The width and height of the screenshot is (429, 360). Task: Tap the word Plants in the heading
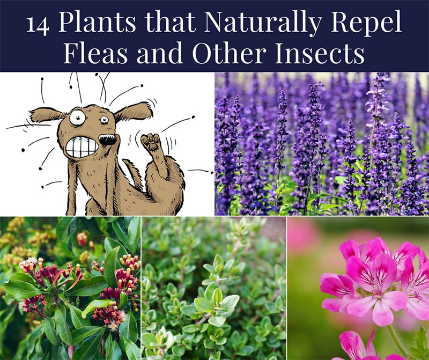[x=97, y=22]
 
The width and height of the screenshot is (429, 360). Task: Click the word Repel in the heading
[x=366, y=23]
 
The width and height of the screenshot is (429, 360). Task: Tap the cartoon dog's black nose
[x=107, y=139]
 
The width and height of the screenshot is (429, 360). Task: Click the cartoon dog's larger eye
[x=77, y=117]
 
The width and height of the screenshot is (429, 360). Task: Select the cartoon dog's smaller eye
[x=104, y=119]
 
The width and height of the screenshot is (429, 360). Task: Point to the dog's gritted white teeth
[x=82, y=148]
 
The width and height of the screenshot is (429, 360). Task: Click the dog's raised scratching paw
[x=151, y=142]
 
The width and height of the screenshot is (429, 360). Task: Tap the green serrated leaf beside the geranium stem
[x=419, y=346]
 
